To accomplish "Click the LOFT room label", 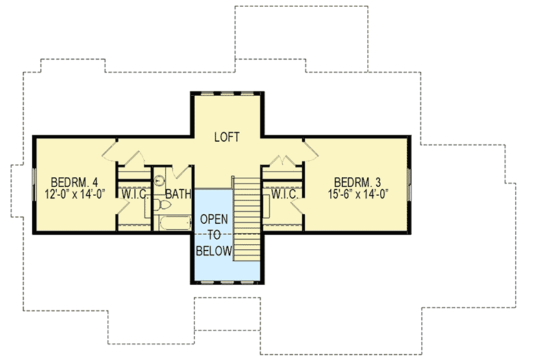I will pyautogui.click(x=227, y=137).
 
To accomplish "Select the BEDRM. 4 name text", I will pyautogui.click(x=75, y=183).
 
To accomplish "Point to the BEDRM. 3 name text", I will pyautogui.click(x=357, y=182).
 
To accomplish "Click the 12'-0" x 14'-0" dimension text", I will pyautogui.click(x=75, y=194).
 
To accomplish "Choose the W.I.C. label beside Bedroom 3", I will pyautogui.click(x=283, y=194).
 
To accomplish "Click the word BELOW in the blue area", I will pyautogui.click(x=214, y=250).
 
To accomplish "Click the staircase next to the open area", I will pyautogui.click(x=247, y=218).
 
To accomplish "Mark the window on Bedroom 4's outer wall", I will pyautogui.click(x=34, y=185).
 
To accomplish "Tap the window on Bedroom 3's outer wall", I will pyautogui.click(x=408, y=185).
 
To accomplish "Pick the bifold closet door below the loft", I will pyautogui.click(x=282, y=162).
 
